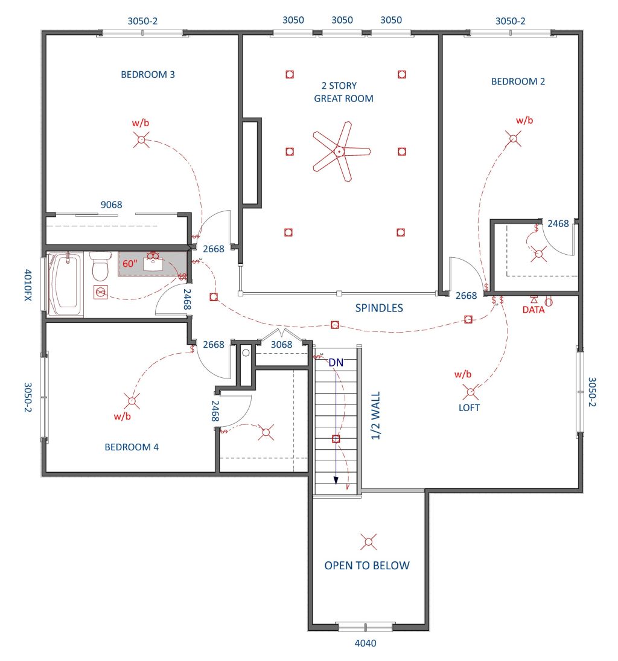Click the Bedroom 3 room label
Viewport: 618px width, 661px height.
coord(147,75)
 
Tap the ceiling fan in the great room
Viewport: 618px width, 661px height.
coord(340,152)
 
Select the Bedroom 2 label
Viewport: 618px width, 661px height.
coord(518,81)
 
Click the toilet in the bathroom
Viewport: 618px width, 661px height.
coord(100,266)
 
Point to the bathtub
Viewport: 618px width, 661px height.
coord(65,284)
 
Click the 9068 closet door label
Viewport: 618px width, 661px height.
coord(111,205)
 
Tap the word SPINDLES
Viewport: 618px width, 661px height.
coord(379,308)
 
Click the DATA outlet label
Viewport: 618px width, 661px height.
coord(534,310)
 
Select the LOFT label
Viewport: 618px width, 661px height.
coord(469,407)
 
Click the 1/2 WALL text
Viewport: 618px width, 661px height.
coord(375,416)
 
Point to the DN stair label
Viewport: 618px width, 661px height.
coord(336,363)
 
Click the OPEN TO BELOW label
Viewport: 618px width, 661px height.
coord(367,566)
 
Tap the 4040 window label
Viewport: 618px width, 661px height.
coord(366,643)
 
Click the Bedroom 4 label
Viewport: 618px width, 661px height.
coord(132,447)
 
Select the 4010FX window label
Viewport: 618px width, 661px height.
coord(28,285)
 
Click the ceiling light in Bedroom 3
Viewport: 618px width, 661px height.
coord(142,139)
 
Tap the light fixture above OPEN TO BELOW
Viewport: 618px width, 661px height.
coord(368,541)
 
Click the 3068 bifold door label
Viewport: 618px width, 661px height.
coord(281,345)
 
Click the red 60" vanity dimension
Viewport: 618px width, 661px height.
coord(130,264)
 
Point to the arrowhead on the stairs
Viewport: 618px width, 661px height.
coord(336,480)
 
